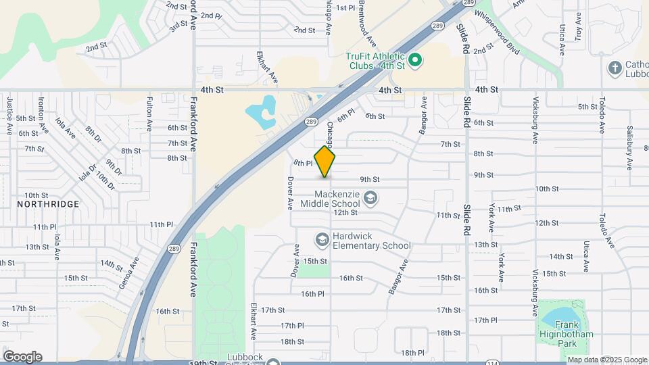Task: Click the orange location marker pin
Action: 325,162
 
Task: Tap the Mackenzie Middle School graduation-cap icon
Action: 370,198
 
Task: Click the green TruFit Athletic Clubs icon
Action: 416,61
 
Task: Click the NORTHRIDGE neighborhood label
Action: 48,203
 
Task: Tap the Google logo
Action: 22,356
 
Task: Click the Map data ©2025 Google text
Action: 607,360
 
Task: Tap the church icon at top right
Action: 615,68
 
